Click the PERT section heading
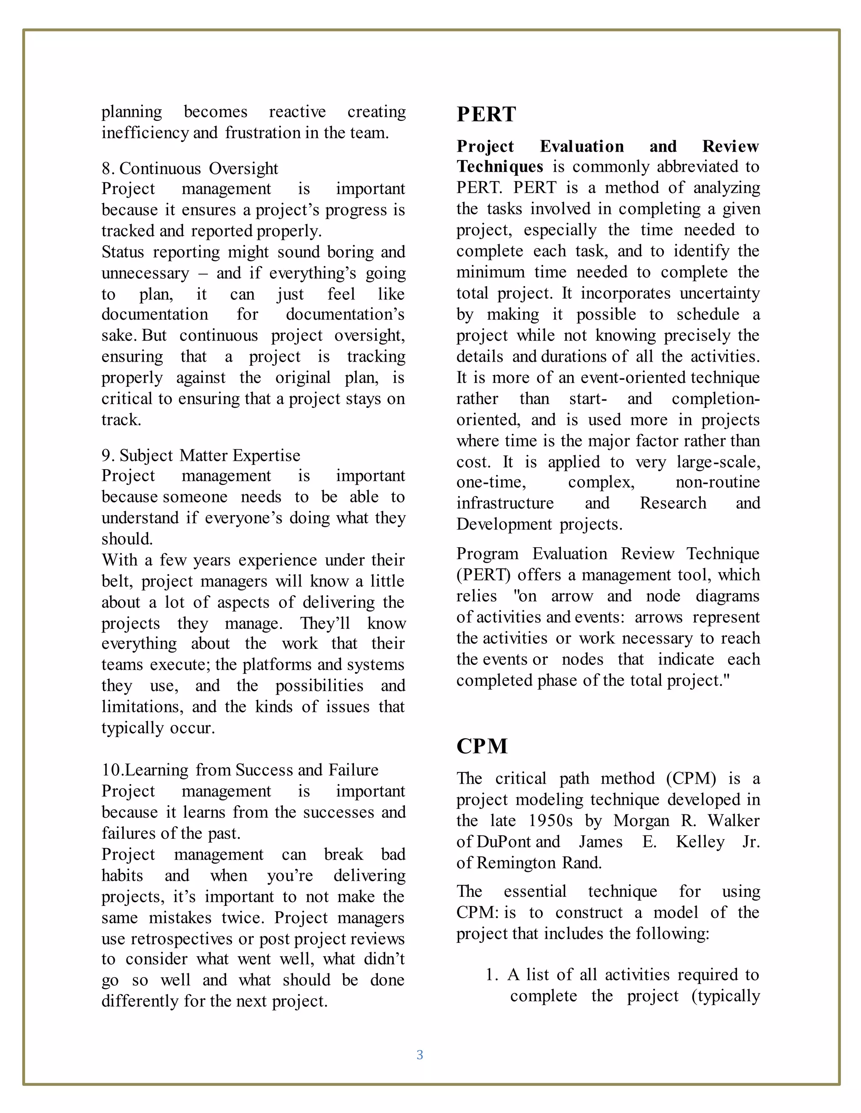(x=486, y=114)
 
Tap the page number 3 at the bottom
(x=420, y=1055)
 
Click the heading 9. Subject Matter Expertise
(x=201, y=455)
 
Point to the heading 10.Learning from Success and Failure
(x=240, y=770)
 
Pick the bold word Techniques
(x=500, y=167)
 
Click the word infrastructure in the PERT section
(x=504, y=504)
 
